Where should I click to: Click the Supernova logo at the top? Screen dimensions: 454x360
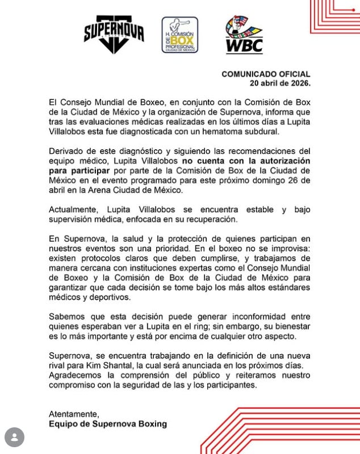114,35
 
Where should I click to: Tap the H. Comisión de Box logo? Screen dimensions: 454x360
180,36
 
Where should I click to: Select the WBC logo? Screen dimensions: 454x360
244,35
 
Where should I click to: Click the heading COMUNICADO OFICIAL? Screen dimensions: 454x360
266,74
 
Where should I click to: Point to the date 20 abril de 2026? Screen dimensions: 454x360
281,83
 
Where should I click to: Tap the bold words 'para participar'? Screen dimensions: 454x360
77,169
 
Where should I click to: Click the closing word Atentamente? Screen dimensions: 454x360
74,413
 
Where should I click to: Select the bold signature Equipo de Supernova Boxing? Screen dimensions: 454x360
108,423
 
